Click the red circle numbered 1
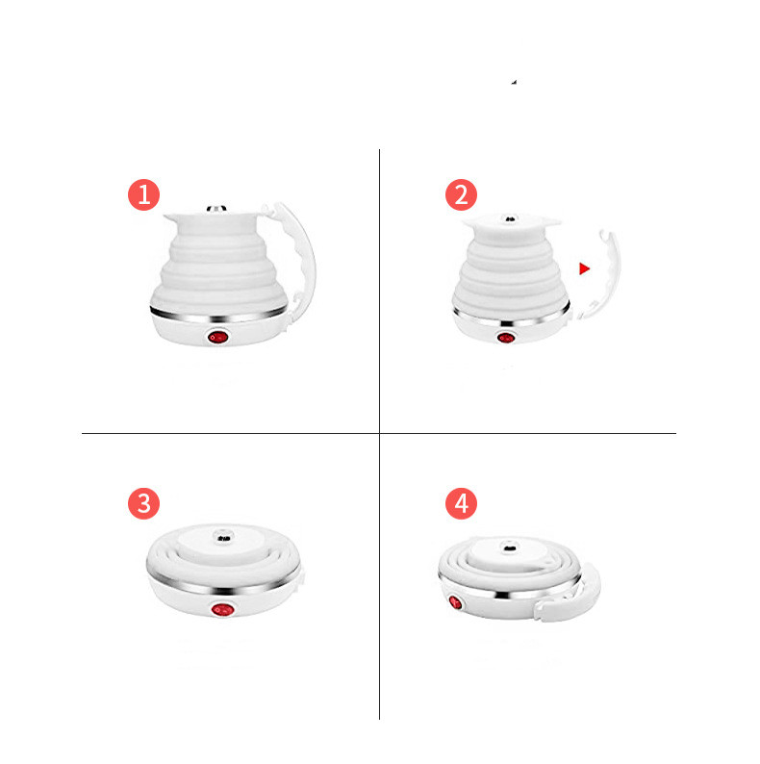pyautogui.click(x=143, y=195)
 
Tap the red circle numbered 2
pyautogui.click(x=461, y=195)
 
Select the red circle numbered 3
pyautogui.click(x=143, y=503)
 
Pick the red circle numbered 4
pyautogui.click(x=461, y=503)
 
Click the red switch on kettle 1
pyautogui.click(x=217, y=337)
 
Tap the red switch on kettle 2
pyautogui.click(x=506, y=338)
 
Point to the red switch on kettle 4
pyautogui.click(x=455, y=602)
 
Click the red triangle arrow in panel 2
pyautogui.click(x=584, y=268)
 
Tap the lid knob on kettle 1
pyautogui.click(x=216, y=209)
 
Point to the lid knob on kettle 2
pyautogui.click(x=510, y=219)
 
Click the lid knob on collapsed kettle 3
pyautogui.click(x=223, y=538)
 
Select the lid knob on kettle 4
pyautogui.click(x=510, y=547)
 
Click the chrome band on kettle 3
pyautogui.click(x=223, y=583)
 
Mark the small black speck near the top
pyautogui.click(x=514, y=83)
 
